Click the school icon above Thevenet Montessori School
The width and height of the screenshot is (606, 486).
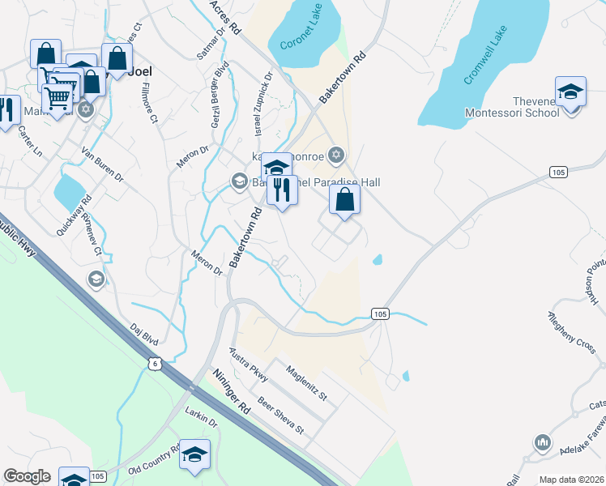(570, 91)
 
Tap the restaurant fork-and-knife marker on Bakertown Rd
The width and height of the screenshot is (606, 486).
(282, 190)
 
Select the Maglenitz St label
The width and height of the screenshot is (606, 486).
(306, 383)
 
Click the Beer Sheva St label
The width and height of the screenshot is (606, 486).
(280, 416)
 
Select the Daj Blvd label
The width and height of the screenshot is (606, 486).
(144, 337)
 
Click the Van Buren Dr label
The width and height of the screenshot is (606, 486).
(102, 164)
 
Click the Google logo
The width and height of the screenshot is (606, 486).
(27, 476)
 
